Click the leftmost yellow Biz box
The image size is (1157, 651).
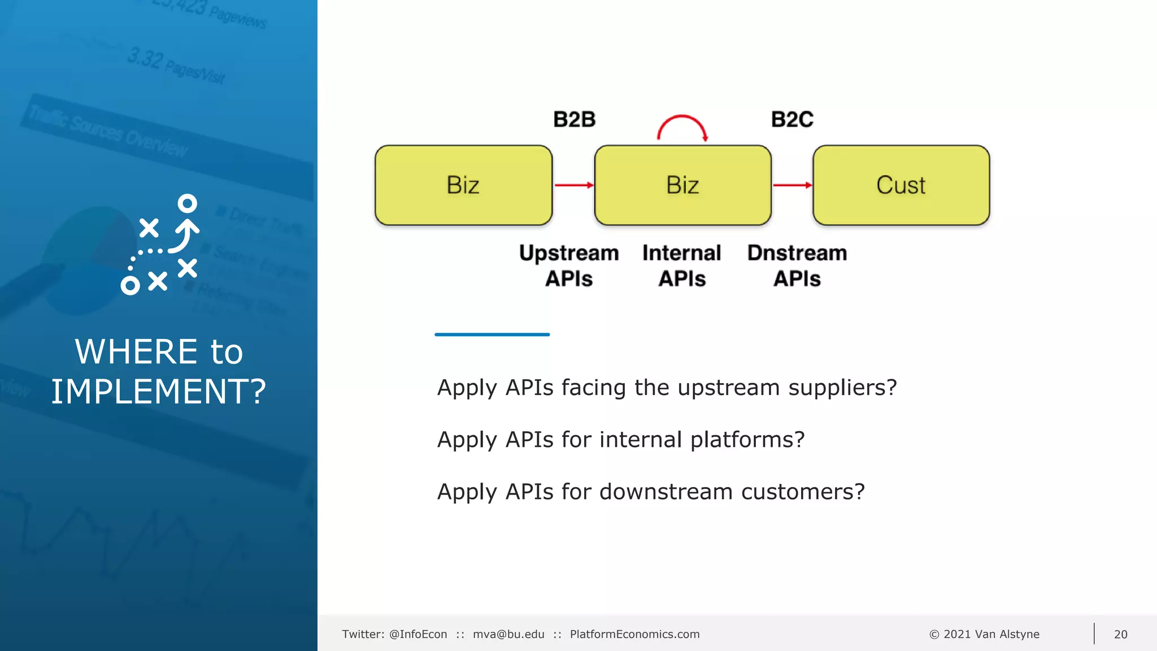click(463, 185)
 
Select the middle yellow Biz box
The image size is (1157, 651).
click(682, 185)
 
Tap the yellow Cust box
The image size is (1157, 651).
click(901, 185)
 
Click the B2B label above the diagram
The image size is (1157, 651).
click(574, 120)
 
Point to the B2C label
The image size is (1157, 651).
click(792, 120)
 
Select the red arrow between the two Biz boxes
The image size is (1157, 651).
click(573, 185)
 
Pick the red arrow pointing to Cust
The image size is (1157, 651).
click(792, 185)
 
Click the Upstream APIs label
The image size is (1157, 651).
click(569, 266)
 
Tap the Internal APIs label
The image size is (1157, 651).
click(682, 266)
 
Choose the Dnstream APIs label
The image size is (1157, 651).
click(797, 266)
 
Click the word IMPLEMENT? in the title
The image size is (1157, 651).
click(158, 391)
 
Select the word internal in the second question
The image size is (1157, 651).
click(641, 440)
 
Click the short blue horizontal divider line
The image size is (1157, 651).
click(492, 335)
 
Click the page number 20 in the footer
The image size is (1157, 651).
click(1120, 634)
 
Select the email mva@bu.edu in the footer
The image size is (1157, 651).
click(508, 634)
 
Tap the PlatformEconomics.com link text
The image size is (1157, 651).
click(634, 634)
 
